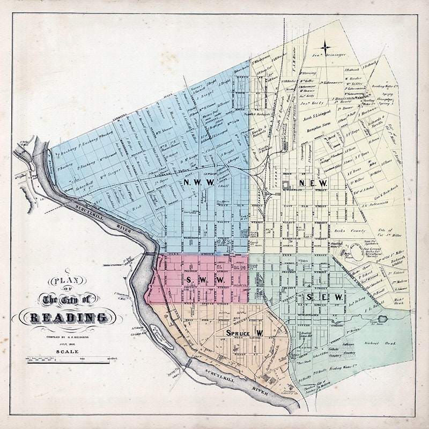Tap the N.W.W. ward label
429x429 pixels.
point(198,183)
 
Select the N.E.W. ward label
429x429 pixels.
point(308,183)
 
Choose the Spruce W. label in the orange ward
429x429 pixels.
point(243,334)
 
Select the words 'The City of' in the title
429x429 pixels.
point(68,298)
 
